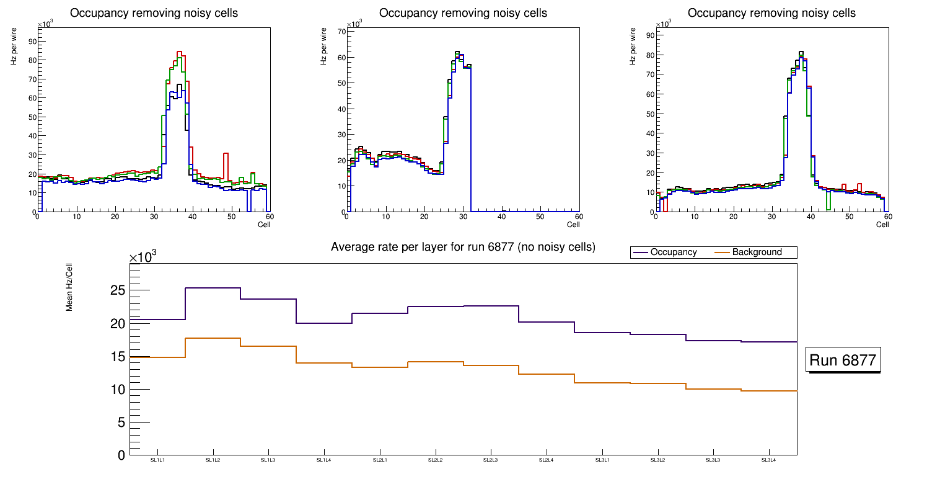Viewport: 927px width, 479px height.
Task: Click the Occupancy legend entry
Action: (x=673, y=253)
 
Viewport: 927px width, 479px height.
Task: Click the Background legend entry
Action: (x=757, y=253)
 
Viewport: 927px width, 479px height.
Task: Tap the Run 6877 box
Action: (x=843, y=360)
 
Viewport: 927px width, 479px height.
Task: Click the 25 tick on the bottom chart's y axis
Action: (x=117, y=290)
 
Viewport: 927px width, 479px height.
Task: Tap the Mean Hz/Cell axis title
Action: (x=70, y=293)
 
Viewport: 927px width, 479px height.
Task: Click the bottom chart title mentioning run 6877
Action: (x=463, y=247)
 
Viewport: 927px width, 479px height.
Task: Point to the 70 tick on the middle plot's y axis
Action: (x=340, y=30)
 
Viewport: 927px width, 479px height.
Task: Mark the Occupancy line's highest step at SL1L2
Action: (x=213, y=288)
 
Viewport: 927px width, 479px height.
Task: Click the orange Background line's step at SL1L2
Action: (x=213, y=338)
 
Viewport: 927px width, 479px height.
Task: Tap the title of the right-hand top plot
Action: (x=771, y=13)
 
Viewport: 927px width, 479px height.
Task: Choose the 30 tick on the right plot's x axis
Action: (x=771, y=217)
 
